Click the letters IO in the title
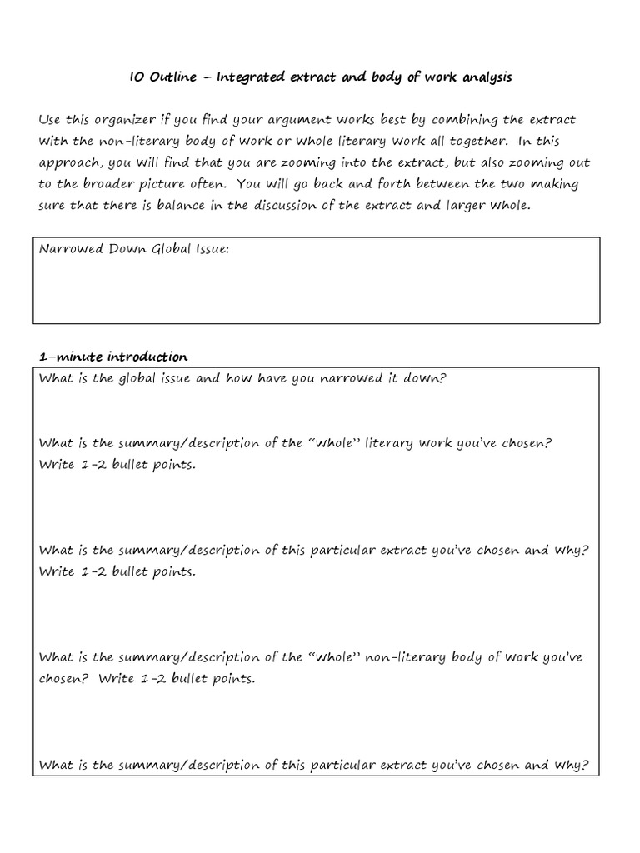click(137, 77)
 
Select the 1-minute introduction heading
click(113, 357)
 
